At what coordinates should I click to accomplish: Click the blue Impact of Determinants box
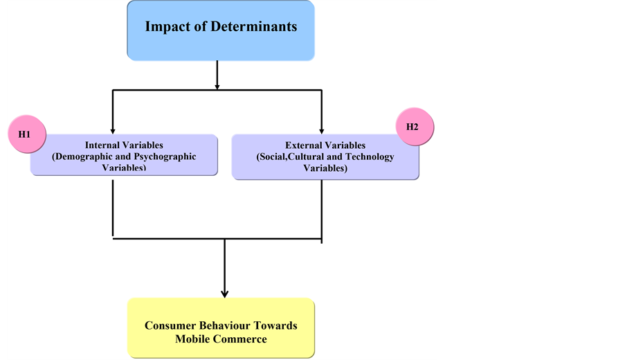220,29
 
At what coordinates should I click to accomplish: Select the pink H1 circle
24,133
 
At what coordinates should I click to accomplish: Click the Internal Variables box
124,155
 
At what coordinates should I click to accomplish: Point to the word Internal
106,145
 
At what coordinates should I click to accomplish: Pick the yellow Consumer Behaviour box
221,327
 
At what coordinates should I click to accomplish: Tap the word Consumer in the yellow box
172,325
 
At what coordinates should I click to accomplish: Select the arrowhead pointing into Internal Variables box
112,129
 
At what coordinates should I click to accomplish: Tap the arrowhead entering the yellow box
224,294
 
